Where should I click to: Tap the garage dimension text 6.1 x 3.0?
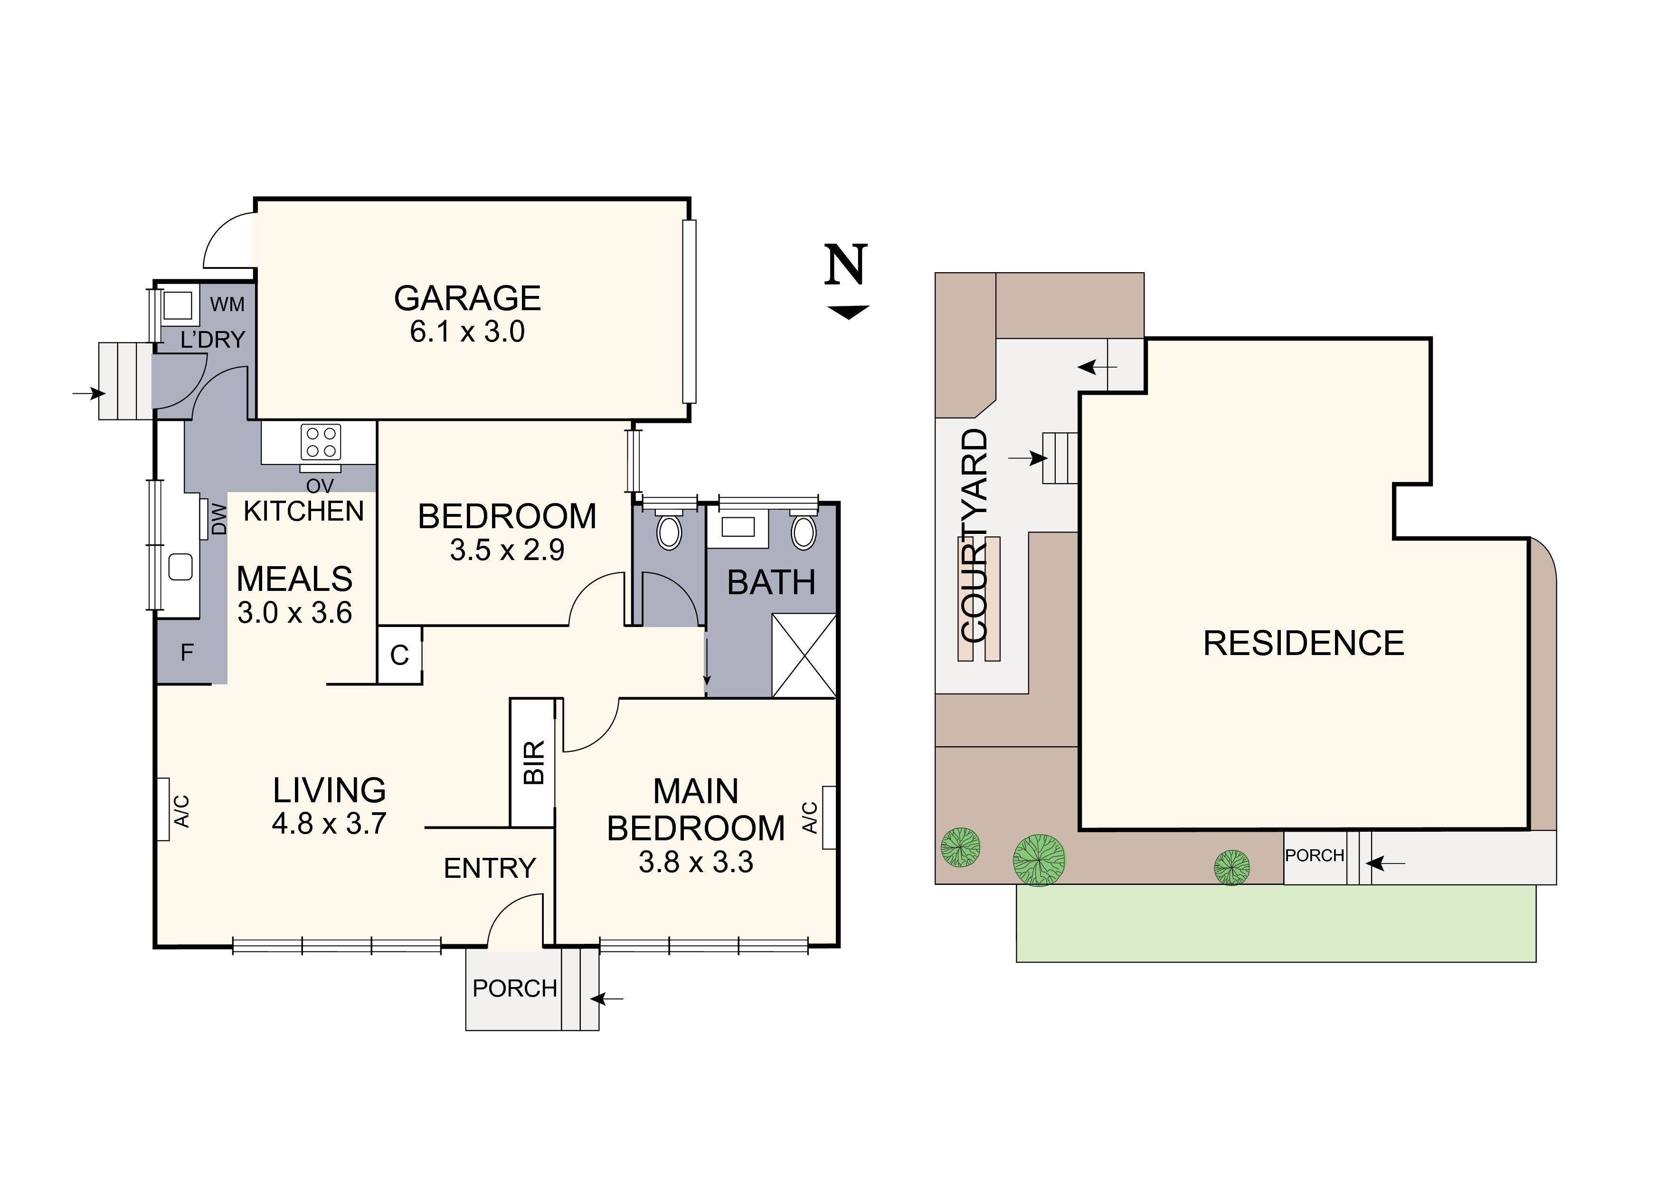pyautogui.click(x=467, y=332)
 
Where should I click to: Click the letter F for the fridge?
pyautogui.click(x=187, y=653)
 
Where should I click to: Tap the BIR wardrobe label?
pyautogui.click(x=533, y=762)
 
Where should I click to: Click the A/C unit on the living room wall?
pyautogui.click(x=163, y=809)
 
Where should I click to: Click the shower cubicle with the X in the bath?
pyautogui.click(x=804, y=655)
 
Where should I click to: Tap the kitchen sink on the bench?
pyautogui.click(x=180, y=567)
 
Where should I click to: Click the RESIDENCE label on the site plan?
pyautogui.click(x=1303, y=644)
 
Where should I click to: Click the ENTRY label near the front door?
pyautogui.click(x=489, y=868)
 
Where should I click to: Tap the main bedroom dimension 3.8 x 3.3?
pyautogui.click(x=695, y=862)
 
